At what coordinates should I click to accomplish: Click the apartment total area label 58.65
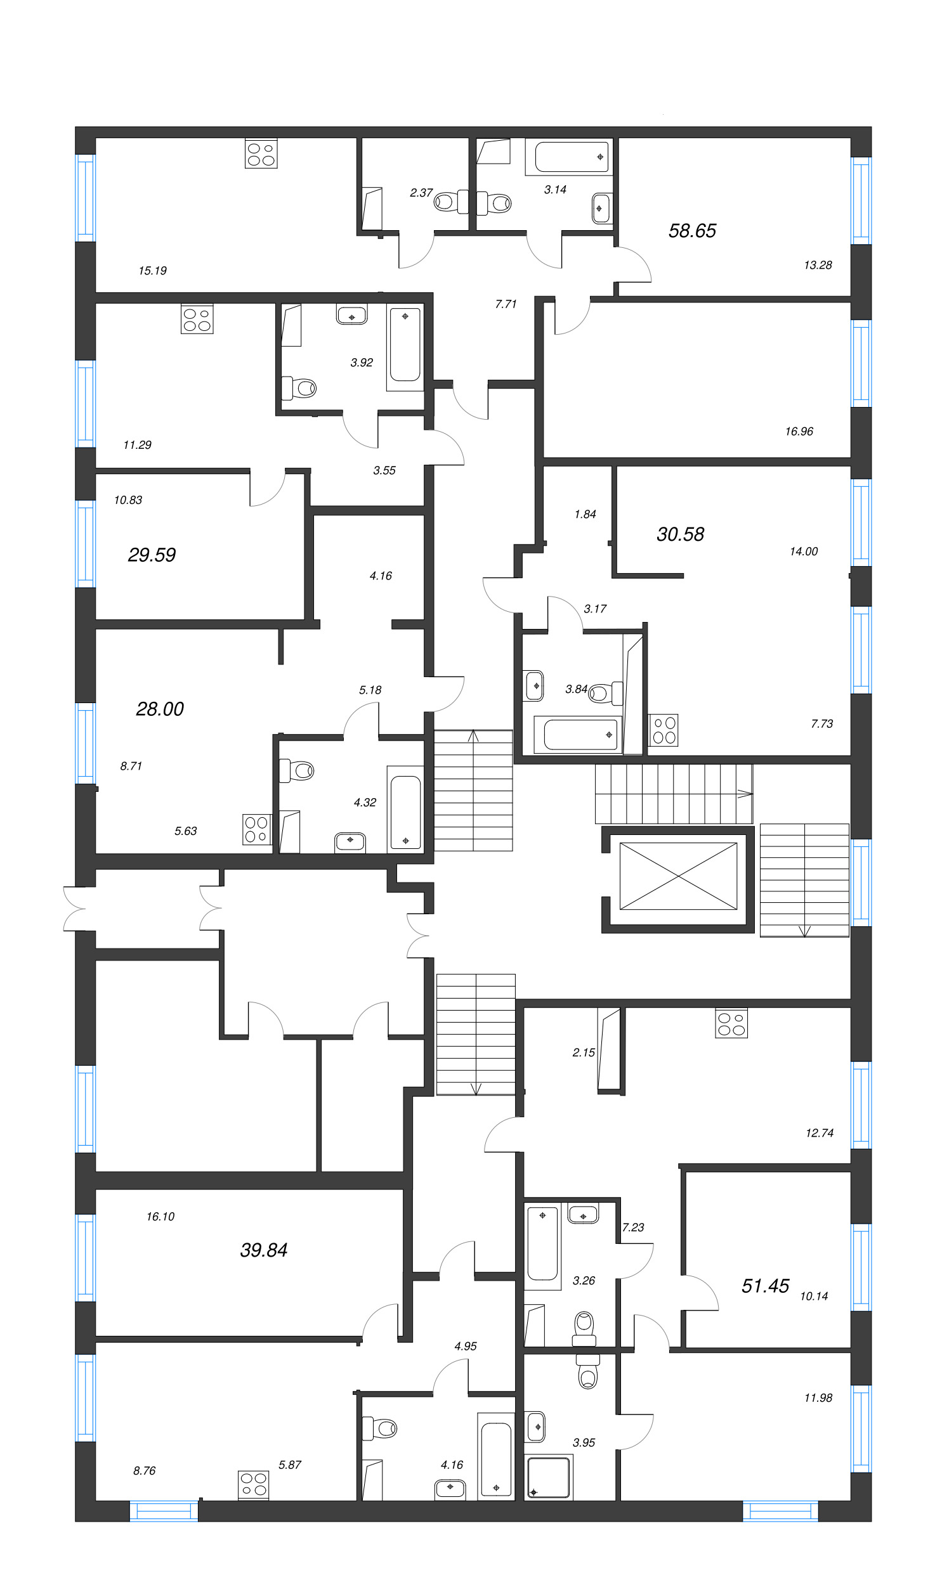[692, 231]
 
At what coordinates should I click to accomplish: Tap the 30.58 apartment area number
[680, 534]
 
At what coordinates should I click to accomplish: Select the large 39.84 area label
[264, 1250]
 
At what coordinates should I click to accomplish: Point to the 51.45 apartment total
[765, 1286]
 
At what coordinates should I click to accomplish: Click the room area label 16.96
[799, 432]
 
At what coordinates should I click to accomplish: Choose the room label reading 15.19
[152, 271]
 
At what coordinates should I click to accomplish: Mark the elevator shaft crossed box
[678, 876]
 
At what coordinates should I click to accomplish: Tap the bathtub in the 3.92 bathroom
[405, 345]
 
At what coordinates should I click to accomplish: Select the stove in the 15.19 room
[261, 154]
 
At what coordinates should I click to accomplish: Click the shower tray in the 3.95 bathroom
[549, 1477]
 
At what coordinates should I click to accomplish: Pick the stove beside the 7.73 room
[664, 730]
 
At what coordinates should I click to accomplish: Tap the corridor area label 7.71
[506, 304]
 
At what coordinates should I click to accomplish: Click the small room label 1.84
[585, 514]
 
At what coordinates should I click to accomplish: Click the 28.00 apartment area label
[160, 709]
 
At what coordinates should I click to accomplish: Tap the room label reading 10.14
[814, 1297]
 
